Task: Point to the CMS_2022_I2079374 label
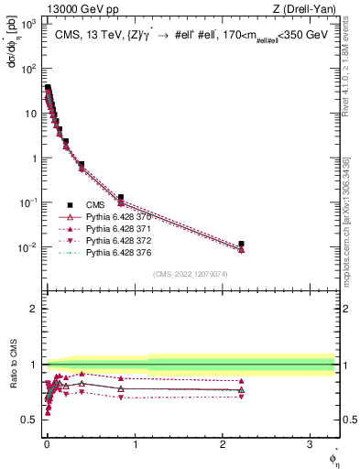[x=191, y=274]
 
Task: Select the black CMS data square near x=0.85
[x=121, y=197]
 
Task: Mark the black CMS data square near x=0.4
[x=82, y=165]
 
